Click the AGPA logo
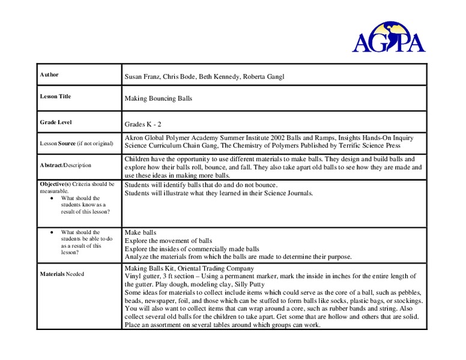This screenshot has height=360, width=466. (389, 35)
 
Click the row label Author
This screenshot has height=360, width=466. (49, 75)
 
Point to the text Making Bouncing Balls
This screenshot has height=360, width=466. (158, 98)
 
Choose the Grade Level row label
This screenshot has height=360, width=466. (56, 122)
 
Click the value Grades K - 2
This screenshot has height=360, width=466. (143, 124)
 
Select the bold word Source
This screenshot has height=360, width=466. (67, 143)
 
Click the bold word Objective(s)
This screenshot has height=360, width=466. (55, 184)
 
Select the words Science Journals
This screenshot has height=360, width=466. (288, 193)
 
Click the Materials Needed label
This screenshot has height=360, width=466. (62, 274)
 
